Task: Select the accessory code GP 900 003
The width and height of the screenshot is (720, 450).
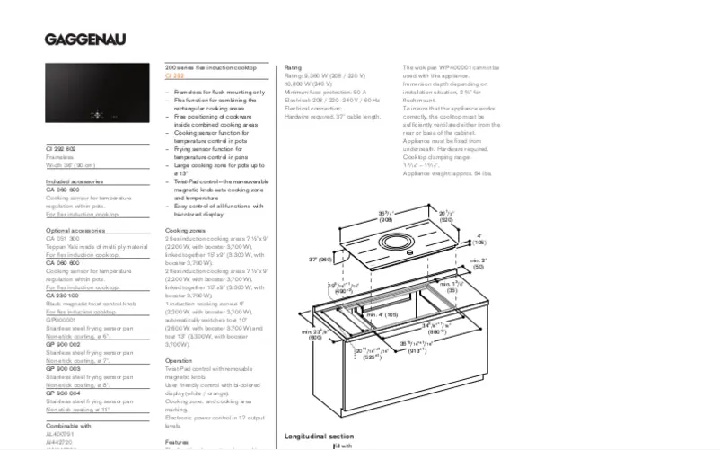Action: [x=64, y=368]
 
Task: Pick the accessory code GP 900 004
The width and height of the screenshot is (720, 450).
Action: [x=64, y=393]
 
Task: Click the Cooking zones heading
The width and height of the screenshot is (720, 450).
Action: [x=184, y=230]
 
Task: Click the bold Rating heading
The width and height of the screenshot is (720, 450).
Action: [x=293, y=68]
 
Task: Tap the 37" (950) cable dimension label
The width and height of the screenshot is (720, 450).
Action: [x=319, y=260]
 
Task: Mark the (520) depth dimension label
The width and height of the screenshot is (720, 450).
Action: [x=446, y=219]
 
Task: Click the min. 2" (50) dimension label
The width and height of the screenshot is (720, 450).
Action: [x=478, y=263]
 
